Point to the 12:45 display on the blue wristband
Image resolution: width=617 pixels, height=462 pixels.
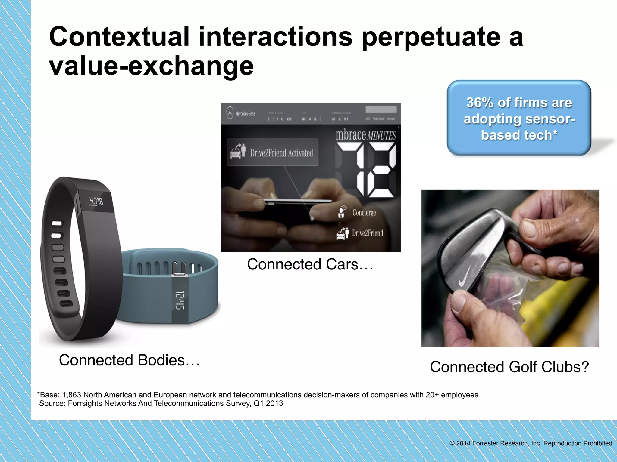click(180, 300)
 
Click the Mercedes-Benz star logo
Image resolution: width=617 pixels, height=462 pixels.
click(230, 113)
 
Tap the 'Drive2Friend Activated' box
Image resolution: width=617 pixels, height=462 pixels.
click(272, 152)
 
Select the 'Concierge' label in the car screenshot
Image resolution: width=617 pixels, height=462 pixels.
click(364, 213)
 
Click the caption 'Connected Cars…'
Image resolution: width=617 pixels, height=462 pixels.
click(310, 264)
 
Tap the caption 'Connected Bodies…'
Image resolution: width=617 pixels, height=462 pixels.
click(129, 360)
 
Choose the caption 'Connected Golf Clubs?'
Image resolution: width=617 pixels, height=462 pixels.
click(509, 367)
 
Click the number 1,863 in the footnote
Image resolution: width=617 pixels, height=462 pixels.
click(71, 395)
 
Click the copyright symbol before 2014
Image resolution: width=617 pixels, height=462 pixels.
click(452, 443)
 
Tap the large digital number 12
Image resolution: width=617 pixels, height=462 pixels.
click(366, 170)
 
